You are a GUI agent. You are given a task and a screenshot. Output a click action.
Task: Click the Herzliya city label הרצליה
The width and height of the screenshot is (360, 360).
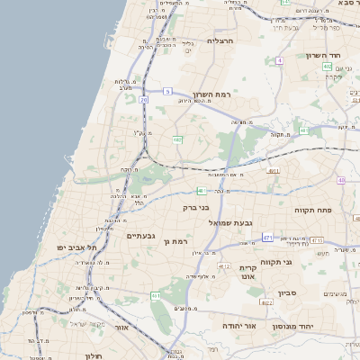pos(220,40)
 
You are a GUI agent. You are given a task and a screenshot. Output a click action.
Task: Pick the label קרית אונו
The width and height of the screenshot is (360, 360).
pos(248,274)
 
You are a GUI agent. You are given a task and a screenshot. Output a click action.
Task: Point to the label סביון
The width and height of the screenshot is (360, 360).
pos(287,292)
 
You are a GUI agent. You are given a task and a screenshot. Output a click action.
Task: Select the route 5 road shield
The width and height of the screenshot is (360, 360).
pos(167,90)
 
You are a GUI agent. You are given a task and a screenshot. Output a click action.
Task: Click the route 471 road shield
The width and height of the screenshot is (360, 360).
pos(267,237)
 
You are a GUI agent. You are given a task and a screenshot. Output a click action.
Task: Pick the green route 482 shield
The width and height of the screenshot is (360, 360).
pos(178,139)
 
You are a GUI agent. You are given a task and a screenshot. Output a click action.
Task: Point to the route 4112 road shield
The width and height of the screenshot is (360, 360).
pos(224,266)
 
